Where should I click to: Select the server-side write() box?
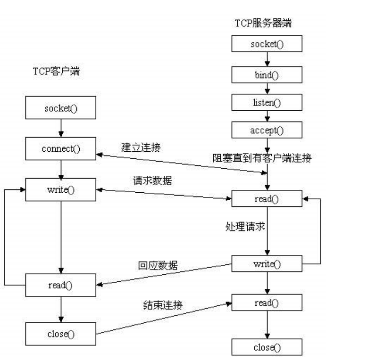[267, 264]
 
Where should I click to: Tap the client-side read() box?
[61, 285]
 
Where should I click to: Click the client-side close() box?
[61, 334]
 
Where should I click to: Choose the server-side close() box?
[267, 348]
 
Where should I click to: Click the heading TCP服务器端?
[263, 23]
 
